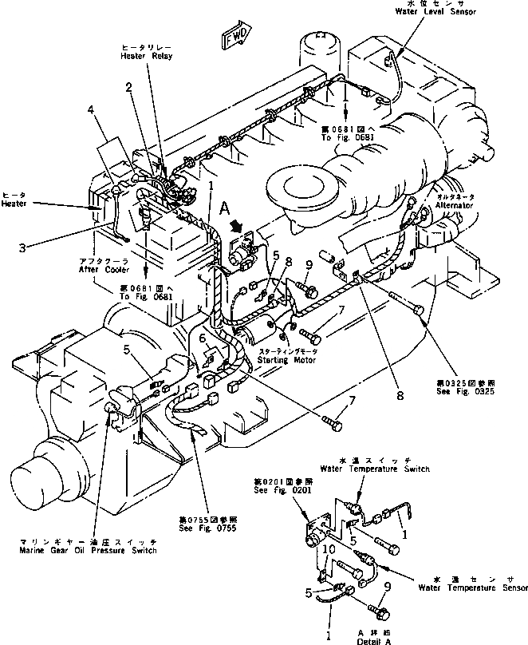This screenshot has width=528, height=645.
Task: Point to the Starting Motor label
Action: (x=287, y=360)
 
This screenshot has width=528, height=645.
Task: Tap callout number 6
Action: (x=204, y=338)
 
